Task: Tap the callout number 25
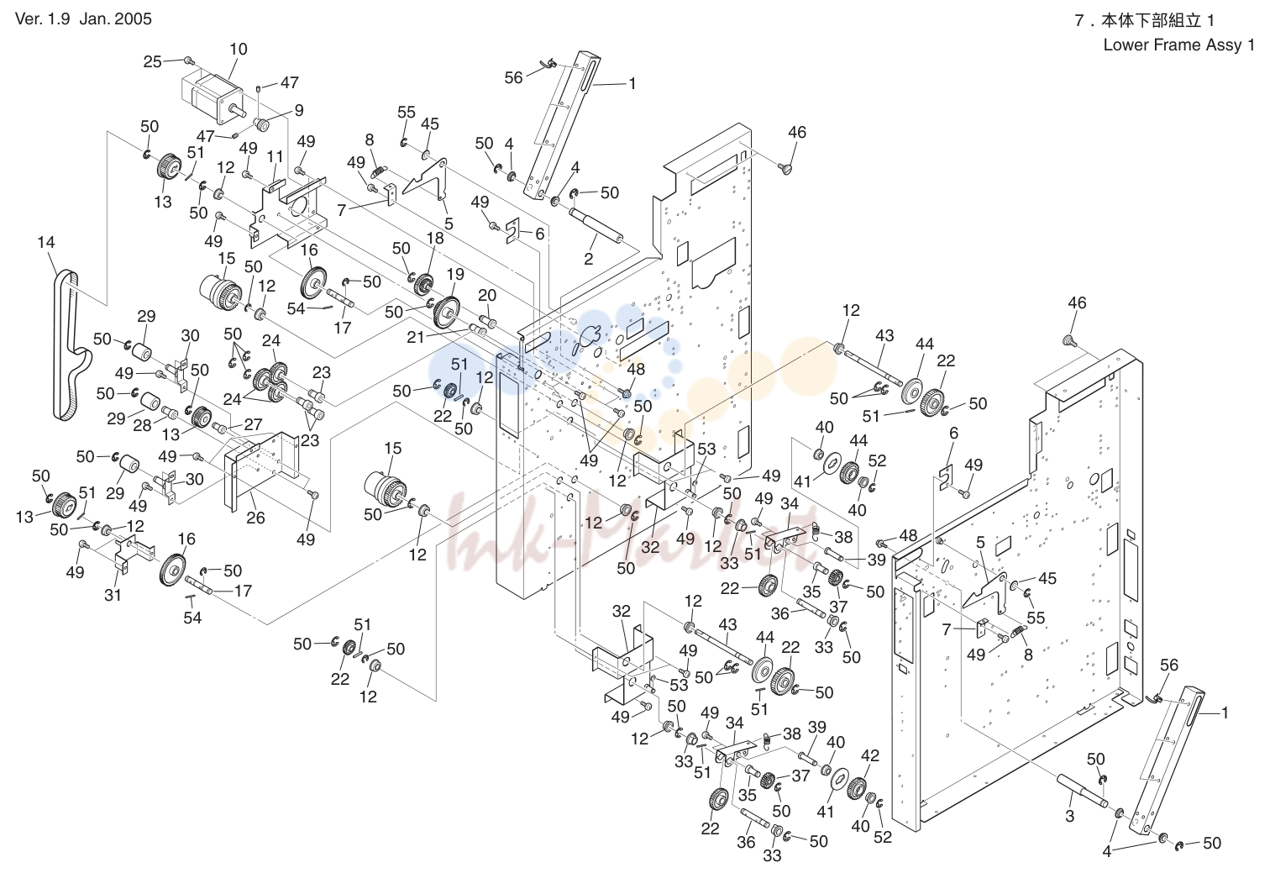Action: coord(153,62)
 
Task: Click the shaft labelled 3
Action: coord(1082,791)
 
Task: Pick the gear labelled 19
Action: coord(448,313)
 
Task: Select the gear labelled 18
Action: coord(423,284)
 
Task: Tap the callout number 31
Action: coord(113,595)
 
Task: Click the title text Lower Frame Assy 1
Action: coord(1178,45)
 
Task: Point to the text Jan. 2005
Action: coord(116,18)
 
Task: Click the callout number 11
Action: coord(275,156)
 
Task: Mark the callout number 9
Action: coord(299,110)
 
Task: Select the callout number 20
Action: coord(487,295)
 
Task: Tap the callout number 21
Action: coord(416,337)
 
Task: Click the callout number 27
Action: coord(253,424)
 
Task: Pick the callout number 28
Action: coord(142,425)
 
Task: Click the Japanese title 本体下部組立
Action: coord(1151,20)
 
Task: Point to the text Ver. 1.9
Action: coord(43,18)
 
